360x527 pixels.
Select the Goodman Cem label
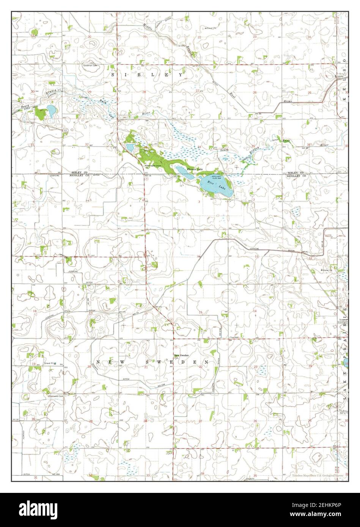pos(90,65)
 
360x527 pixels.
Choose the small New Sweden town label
pos(181,355)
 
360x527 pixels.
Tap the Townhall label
pos(233,337)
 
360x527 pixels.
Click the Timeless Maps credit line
pos(317,475)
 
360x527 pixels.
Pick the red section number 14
pos(255,311)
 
